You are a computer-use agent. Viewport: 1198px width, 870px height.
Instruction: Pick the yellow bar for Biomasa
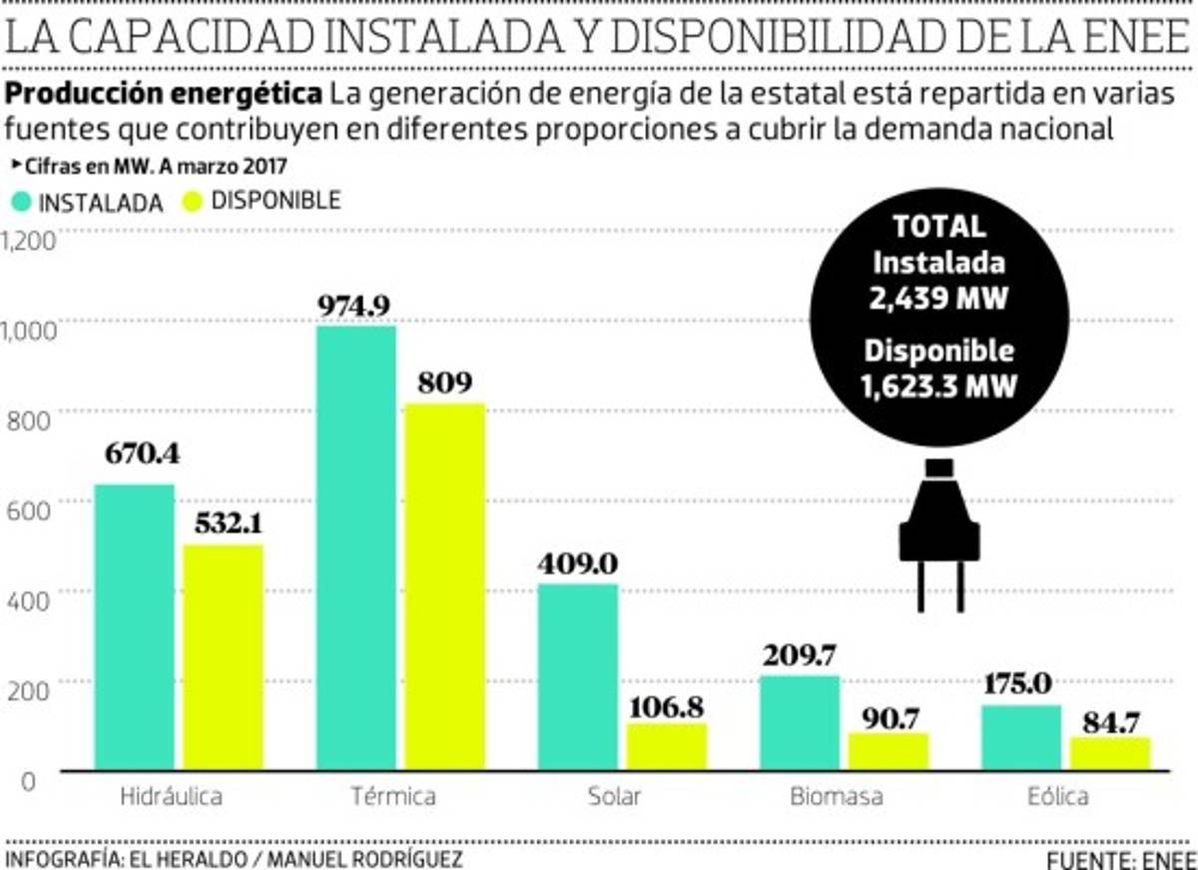pos(888,751)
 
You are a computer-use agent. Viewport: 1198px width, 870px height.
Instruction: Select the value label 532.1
pos(224,522)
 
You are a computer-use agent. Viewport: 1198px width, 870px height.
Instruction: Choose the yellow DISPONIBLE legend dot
pos(193,201)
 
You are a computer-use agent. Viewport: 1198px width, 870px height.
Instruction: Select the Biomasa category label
pos(836,797)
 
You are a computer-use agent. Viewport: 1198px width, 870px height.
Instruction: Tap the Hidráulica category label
pos(170,797)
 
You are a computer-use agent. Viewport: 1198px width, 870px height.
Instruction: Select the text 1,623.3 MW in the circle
pos(938,385)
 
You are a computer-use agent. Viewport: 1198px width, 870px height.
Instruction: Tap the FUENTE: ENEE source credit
pos(1121,860)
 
